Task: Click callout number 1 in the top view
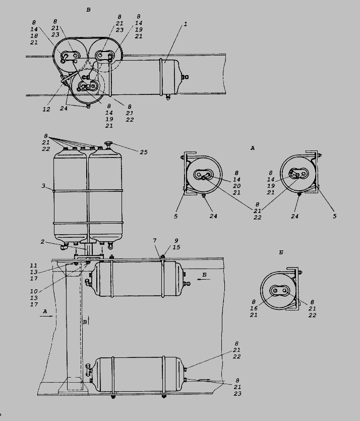point(185,24)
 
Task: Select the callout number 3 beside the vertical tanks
point(43,186)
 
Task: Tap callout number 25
point(144,152)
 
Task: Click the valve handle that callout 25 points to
point(108,143)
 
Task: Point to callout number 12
point(46,109)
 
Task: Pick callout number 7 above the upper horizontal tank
point(154,241)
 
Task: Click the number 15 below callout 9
point(176,247)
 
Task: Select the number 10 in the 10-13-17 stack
point(34,291)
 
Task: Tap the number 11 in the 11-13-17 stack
point(34,266)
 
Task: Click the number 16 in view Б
point(254,308)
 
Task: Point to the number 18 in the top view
point(34,36)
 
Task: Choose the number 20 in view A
point(236,186)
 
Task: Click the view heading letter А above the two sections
point(253,148)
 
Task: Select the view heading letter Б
point(281,252)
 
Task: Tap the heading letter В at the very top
point(88,10)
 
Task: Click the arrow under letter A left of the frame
point(46,317)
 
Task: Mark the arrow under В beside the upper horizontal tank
point(204,280)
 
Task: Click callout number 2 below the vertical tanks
point(42,242)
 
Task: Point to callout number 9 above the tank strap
point(176,241)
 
